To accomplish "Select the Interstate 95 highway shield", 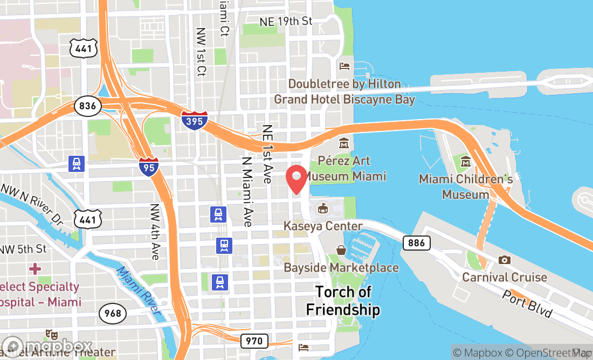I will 148,167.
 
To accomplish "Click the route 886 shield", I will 416,243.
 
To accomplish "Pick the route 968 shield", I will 113,313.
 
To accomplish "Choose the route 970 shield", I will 253,341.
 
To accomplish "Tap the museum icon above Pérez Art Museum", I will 344,144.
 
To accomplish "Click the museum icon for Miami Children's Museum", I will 465,161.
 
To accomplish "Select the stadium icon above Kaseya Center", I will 323,208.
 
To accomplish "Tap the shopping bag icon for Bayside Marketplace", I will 341,251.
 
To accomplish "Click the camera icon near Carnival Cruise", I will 505,260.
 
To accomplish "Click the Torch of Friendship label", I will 343,301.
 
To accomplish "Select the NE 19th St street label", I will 286,21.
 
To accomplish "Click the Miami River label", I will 139,291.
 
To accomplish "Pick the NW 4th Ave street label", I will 155,231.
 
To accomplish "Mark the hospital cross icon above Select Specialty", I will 35,268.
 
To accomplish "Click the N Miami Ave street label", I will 247,192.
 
